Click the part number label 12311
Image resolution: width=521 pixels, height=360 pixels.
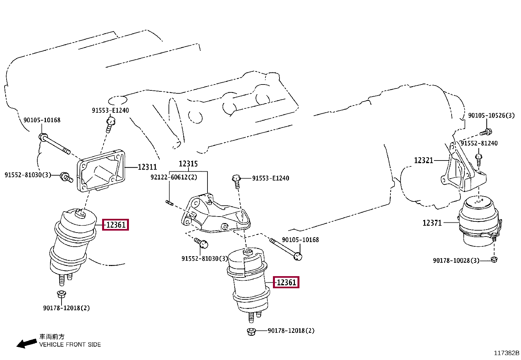147,167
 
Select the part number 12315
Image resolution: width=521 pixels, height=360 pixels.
188,163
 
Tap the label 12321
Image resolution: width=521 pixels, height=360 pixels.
423,160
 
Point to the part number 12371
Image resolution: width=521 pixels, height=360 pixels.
432,223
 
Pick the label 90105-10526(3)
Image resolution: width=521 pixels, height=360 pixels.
491,115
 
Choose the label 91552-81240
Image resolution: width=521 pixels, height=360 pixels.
479,143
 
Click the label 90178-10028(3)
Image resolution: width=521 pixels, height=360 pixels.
456,260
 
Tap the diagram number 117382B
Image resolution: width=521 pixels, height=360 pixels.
506,353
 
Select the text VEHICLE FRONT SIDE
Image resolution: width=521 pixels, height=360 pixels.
70,345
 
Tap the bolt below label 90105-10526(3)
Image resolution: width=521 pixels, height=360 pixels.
486,132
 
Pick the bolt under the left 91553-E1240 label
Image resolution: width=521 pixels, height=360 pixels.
111,124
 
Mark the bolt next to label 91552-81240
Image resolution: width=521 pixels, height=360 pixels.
478,160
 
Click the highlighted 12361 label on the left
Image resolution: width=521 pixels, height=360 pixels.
116,225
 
